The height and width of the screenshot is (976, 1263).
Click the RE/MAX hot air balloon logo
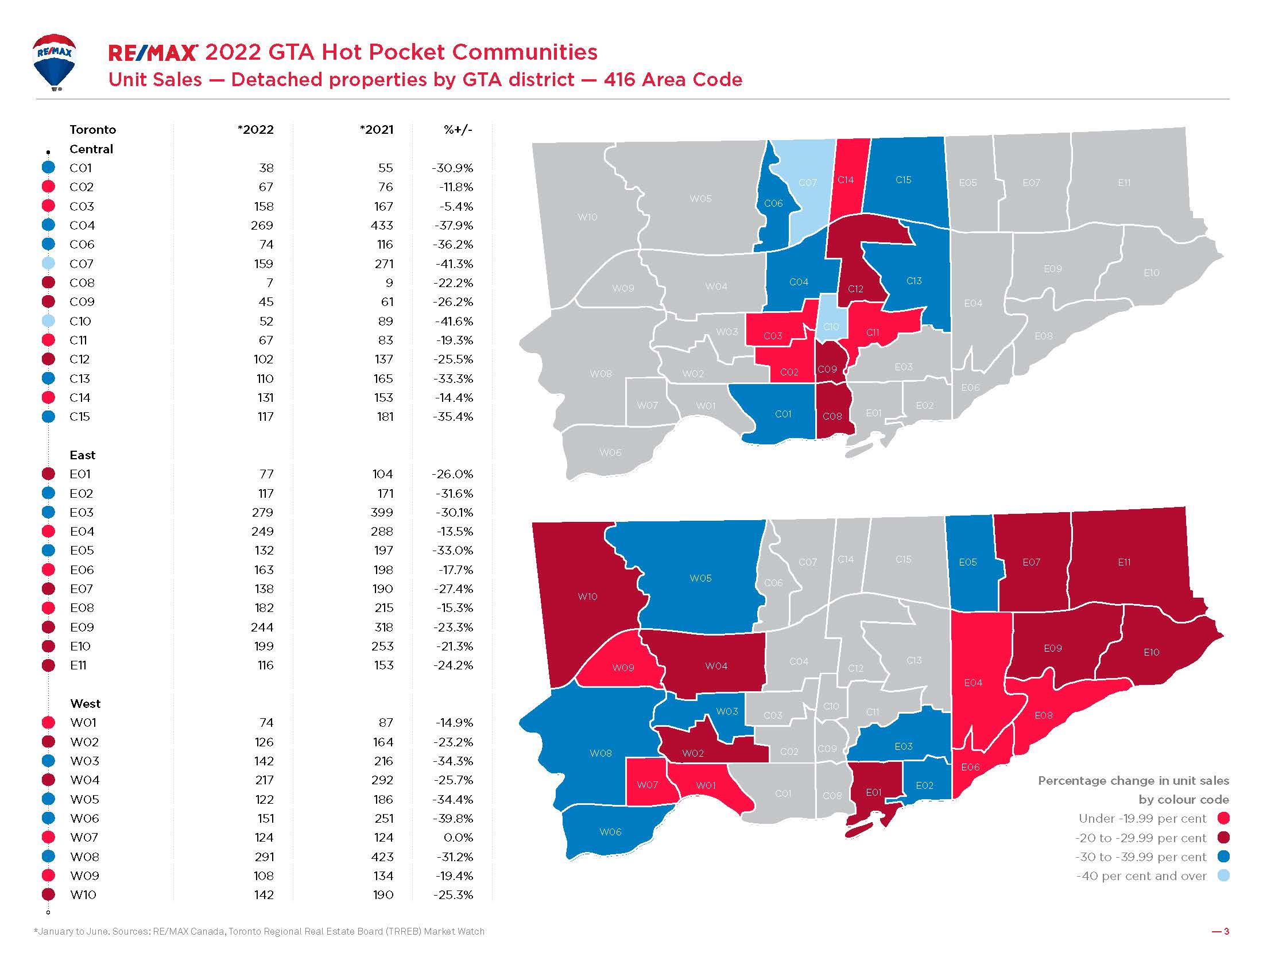pos(55,61)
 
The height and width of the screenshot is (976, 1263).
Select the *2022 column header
pos(255,130)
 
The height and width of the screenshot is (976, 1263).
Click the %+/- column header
pos(458,130)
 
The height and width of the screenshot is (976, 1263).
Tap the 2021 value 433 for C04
pos(382,226)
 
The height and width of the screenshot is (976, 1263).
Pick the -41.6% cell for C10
pos(454,322)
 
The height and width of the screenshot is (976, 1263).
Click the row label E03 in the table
pos(82,513)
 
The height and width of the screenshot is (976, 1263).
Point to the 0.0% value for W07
pos(458,838)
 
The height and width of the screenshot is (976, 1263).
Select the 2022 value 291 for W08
pos(264,857)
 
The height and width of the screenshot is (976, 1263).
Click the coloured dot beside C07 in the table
pos(49,264)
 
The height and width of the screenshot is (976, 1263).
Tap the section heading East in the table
pos(82,456)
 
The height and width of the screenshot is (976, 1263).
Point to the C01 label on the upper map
pos(783,414)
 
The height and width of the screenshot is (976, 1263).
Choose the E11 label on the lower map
pos(1124,562)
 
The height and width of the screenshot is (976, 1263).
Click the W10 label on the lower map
pos(587,596)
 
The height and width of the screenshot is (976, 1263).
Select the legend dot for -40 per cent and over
pos(1223,876)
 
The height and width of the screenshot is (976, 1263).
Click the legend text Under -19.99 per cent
pos(1142,819)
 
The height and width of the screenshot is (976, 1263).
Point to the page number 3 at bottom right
pos(1225,931)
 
